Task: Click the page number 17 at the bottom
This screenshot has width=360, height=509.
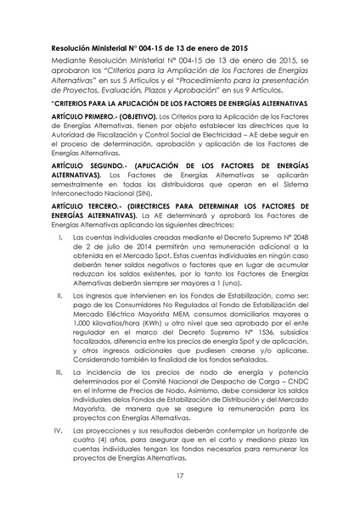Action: coord(180,477)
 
